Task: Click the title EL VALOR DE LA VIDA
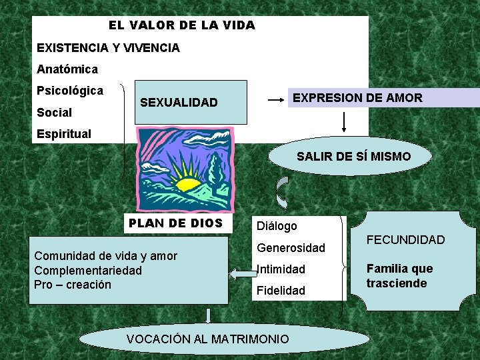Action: (x=181, y=25)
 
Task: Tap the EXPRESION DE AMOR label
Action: (x=357, y=98)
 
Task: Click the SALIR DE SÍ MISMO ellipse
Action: (x=353, y=157)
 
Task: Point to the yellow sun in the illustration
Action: (x=187, y=181)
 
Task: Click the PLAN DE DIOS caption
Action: (x=175, y=223)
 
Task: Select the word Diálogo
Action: (x=277, y=226)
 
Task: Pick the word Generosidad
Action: (x=291, y=248)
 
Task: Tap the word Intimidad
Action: (x=281, y=269)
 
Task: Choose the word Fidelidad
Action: (x=281, y=291)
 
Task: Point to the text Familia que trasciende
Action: (x=399, y=275)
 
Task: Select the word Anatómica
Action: (x=67, y=69)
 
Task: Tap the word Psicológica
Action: (x=70, y=91)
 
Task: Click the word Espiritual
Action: (x=64, y=133)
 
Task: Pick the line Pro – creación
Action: (x=73, y=285)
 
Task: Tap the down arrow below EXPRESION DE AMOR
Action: (x=344, y=122)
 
